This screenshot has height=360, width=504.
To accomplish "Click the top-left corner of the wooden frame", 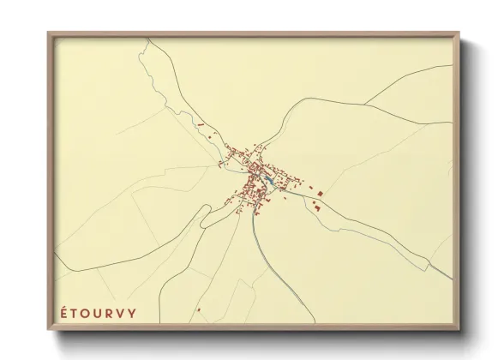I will [x=49, y=33].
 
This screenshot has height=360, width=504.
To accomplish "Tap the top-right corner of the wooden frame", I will [x=462, y=33].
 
